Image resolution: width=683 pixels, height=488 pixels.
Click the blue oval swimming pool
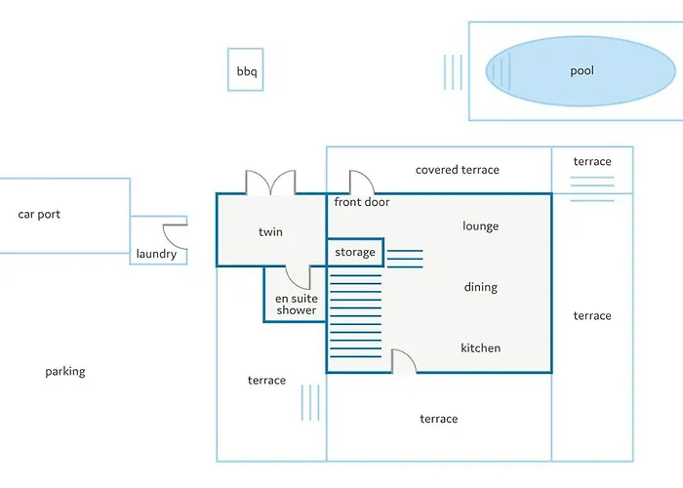(582, 71)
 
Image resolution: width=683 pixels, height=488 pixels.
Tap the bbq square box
(245, 70)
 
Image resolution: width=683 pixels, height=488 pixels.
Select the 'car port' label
(39, 214)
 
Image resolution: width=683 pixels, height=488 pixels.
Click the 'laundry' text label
(156, 255)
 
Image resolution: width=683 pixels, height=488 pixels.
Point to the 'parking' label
(65, 372)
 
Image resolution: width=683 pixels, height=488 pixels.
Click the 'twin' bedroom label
(270, 232)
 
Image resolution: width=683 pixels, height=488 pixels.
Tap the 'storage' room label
(354, 253)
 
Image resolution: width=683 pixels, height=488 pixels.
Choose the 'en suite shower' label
(296, 305)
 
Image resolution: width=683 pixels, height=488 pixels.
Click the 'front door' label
(362, 203)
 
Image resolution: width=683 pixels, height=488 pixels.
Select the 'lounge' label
(480, 226)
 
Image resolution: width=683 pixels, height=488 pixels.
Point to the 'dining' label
(480, 287)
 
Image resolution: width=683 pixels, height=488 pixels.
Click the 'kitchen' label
(480, 348)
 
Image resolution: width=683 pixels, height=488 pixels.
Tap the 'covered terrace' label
(457, 170)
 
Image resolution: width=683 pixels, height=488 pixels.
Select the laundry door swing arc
(175, 235)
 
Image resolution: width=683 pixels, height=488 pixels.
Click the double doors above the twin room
(270, 183)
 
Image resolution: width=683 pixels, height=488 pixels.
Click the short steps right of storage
(405, 258)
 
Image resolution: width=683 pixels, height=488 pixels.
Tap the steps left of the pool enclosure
(453, 71)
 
